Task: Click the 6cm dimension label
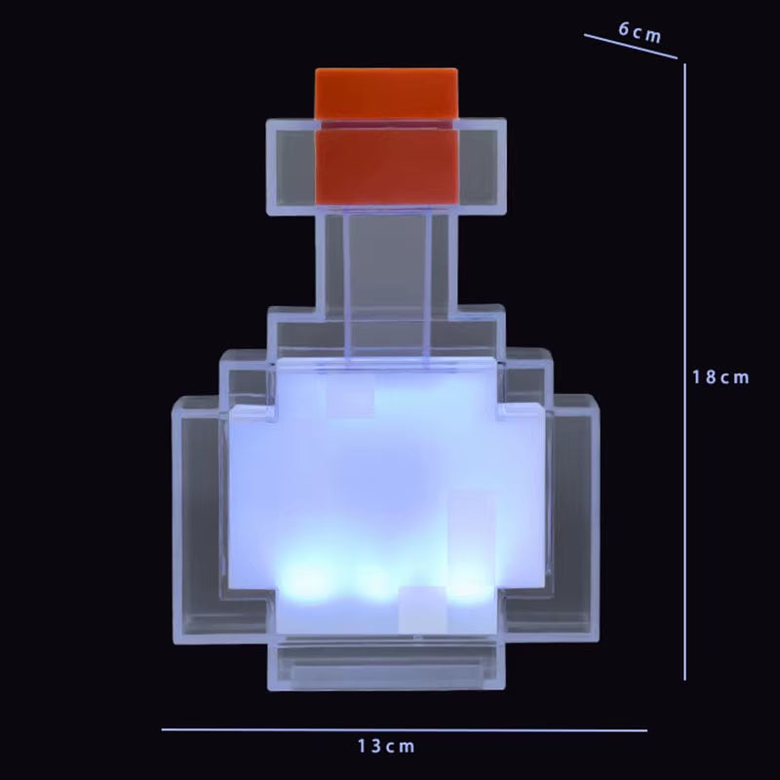(x=640, y=31)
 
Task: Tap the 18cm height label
(x=721, y=377)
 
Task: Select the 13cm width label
(x=386, y=747)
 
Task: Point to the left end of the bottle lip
(x=289, y=166)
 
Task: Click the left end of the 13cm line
(x=164, y=728)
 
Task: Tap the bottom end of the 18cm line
(x=684, y=679)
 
